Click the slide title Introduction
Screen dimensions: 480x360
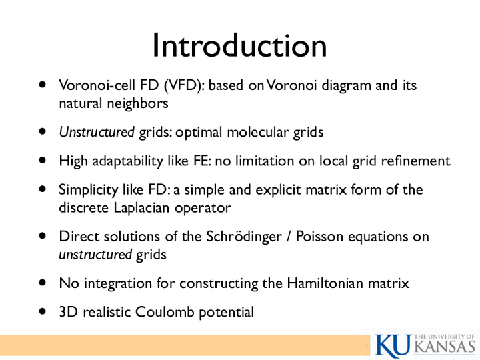pos(240,45)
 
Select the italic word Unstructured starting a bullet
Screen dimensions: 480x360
pos(97,132)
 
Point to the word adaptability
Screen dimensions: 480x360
pos(127,161)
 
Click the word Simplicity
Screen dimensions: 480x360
pos(89,190)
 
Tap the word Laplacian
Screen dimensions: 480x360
pos(141,207)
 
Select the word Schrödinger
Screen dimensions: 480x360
pos(244,237)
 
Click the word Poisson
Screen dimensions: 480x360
pos(319,237)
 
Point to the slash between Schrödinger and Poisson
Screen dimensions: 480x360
pos(289,237)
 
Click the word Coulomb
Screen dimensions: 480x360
pos(165,312)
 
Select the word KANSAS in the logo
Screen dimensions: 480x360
pos(446,347)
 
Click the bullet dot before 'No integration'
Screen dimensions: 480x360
pos(43,283)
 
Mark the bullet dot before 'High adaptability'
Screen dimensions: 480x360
pos(43,161)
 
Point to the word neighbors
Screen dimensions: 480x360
pos(137,103)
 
